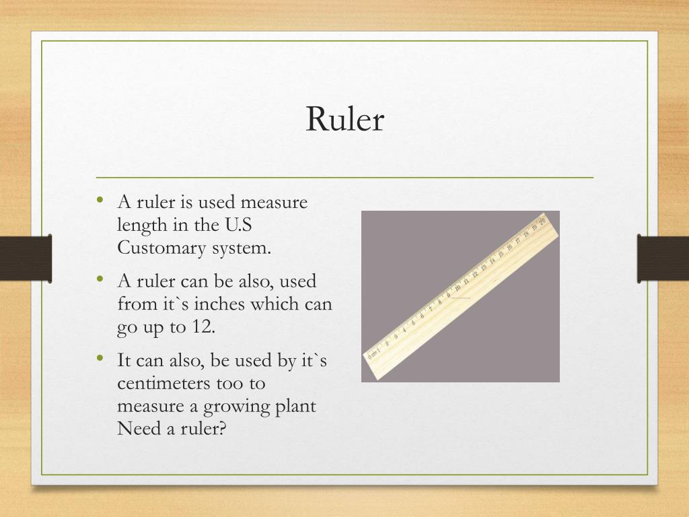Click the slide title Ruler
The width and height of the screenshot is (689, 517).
tap(344, 118)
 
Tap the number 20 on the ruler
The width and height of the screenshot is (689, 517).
tap(542, 221)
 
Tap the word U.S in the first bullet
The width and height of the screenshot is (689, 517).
tap(239, 224)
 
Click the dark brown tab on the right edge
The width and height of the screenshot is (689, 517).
tap(663, 258)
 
